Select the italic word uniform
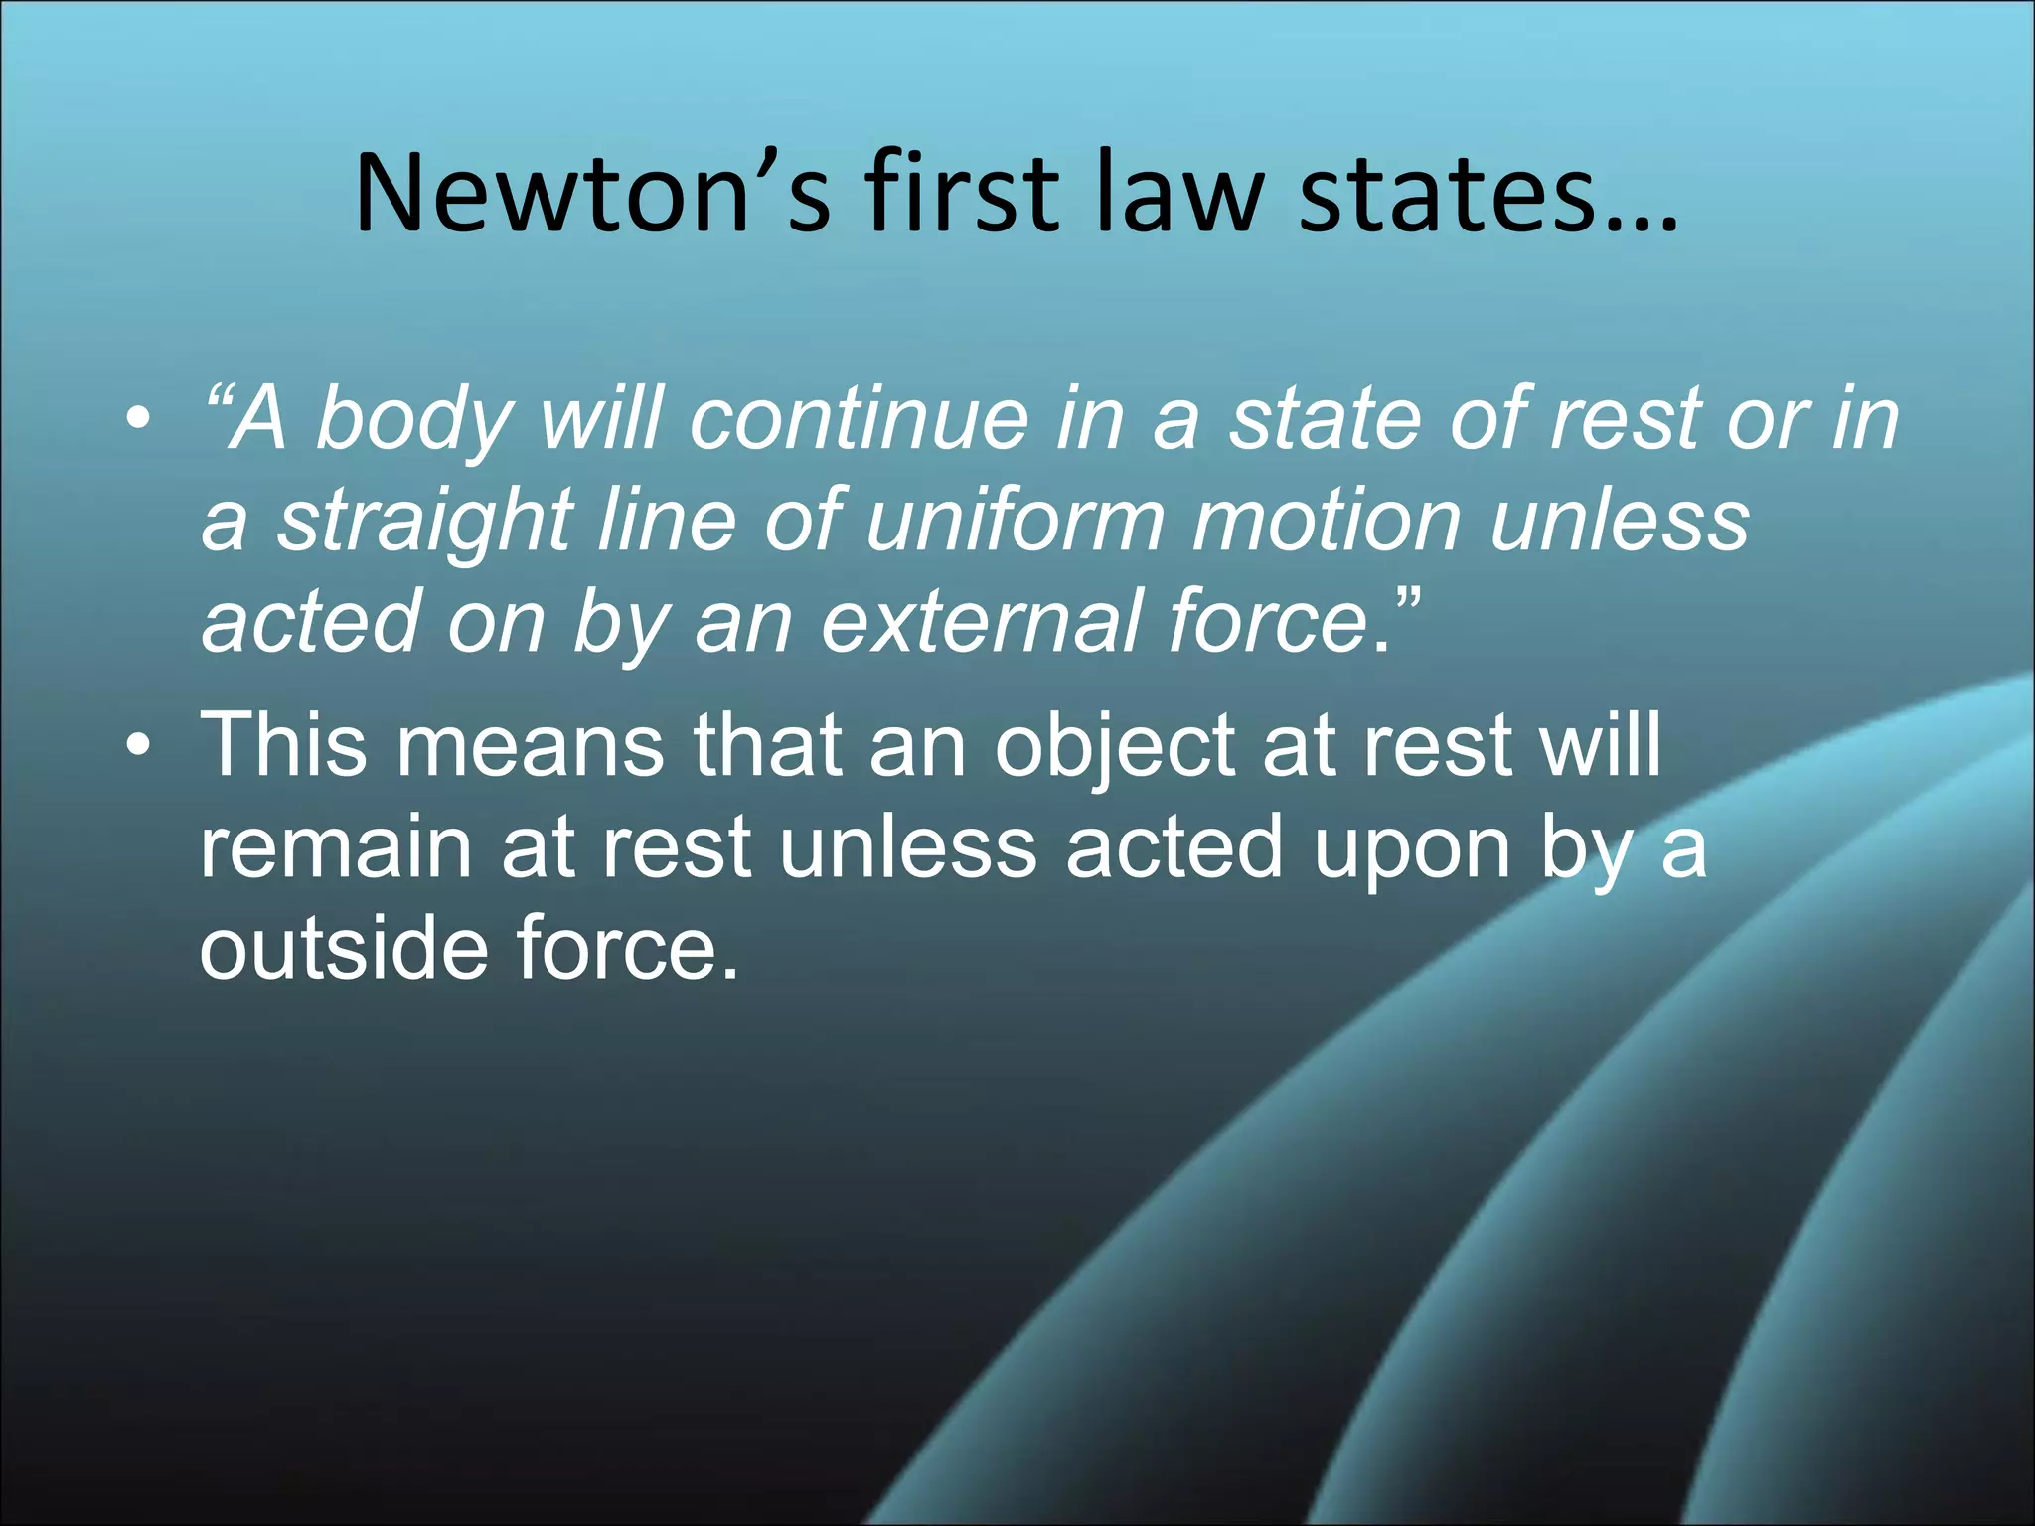[1015, 521]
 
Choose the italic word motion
[1328, 521]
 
